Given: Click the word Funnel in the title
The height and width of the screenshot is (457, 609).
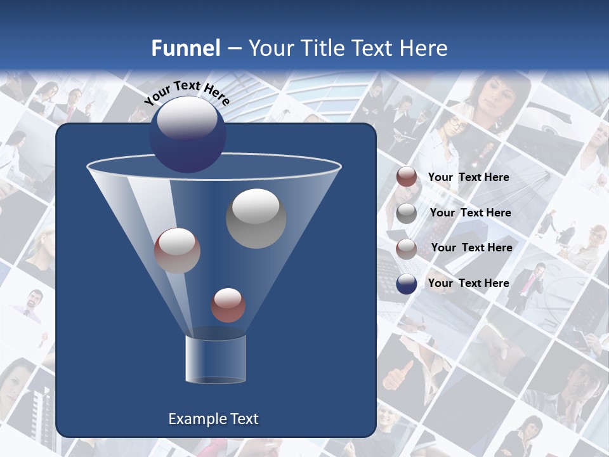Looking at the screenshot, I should point(185,48).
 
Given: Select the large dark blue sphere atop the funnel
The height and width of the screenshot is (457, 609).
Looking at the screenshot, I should point(187,135).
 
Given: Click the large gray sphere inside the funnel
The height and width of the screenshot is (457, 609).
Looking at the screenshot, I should point(256,218).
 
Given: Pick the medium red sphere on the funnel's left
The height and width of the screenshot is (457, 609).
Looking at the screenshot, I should point(177,251).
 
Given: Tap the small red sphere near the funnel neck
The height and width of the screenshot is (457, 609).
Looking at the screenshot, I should point(228,305).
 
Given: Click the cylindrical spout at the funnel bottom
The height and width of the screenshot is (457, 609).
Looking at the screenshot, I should point(216,359).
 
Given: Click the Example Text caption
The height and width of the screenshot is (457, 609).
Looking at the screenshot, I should point(213,419).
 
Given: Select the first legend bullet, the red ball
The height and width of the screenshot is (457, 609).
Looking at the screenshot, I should point(407,177).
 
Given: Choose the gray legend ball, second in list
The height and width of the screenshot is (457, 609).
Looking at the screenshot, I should point(407,213).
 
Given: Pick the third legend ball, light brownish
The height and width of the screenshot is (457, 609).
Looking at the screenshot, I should point(407,248).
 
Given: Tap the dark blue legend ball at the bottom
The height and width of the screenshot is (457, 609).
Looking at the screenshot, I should point(407,284).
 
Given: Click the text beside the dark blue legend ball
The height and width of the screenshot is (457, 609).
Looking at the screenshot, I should point(469,283).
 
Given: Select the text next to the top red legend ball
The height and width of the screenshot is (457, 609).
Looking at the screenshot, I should point(469,177).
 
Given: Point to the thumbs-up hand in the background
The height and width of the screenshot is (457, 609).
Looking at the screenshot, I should point(399,376).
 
